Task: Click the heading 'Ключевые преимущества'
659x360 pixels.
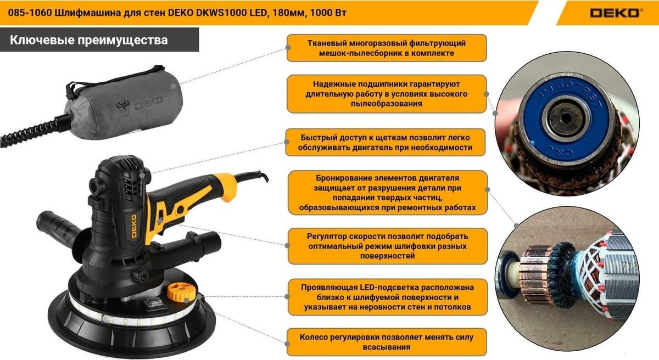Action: click(89, 40)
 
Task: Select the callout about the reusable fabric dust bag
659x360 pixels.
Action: click(387, 48)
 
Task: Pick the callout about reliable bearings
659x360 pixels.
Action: click(387, 94)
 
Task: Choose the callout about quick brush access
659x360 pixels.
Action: click(386, 143)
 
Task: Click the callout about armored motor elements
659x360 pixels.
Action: click(388, 193)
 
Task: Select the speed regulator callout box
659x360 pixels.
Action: click(388, 246)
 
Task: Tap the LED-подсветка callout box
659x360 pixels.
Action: click(388, 297)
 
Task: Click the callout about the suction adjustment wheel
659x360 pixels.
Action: click(387, 342)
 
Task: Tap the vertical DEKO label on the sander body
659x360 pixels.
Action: click(133, 226)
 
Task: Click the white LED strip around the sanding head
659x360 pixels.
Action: click(132, 316)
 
